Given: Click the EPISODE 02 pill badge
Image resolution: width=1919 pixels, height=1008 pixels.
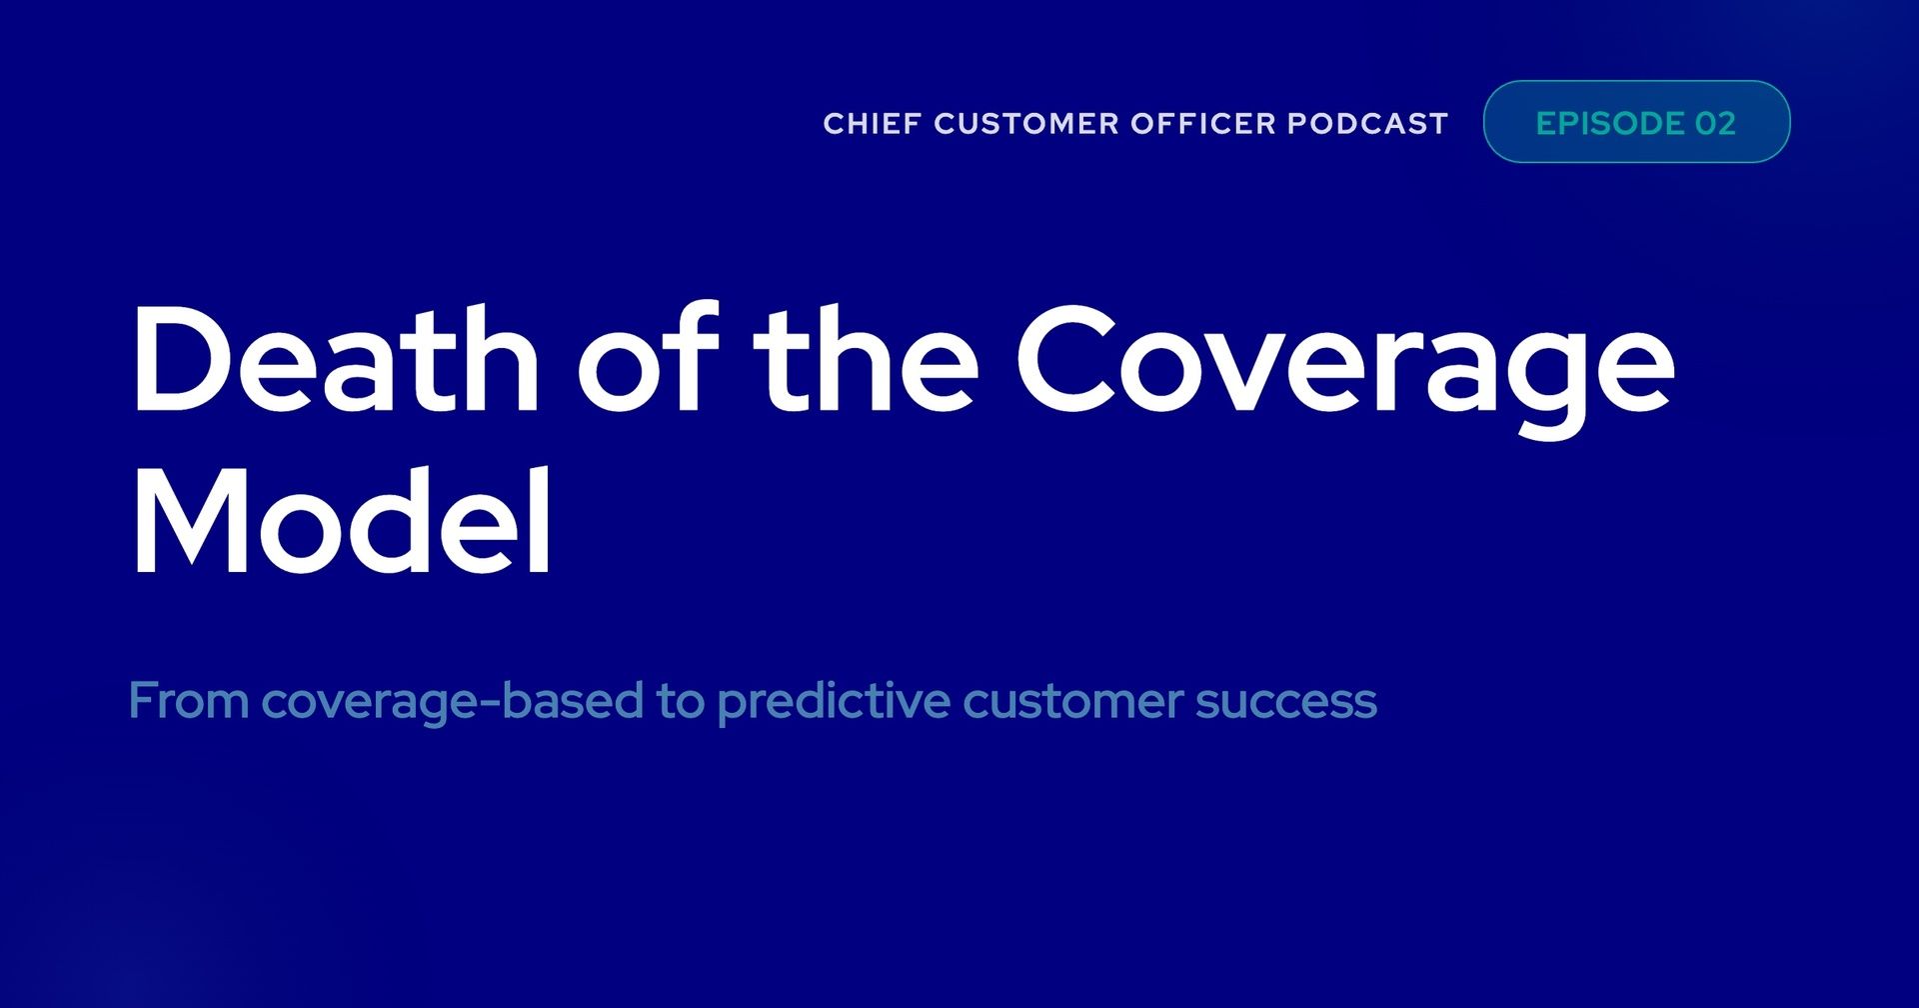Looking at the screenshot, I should tap(1636, 122).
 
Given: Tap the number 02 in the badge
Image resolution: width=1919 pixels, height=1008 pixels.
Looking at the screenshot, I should tap(1715, 123).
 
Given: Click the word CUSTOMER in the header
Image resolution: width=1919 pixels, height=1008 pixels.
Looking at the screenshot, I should tap(1026, 124).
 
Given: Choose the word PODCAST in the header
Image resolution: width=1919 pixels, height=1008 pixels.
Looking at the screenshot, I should tap(1367, 124).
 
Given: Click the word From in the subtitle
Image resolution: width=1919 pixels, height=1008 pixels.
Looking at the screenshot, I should tap(188, 700).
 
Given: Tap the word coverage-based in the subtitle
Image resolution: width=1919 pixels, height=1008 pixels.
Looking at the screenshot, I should tap(452, 701).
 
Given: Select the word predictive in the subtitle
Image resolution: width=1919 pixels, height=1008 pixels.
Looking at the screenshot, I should tap(834, 701).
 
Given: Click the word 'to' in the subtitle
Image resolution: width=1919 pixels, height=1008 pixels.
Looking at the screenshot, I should tap(681, 701).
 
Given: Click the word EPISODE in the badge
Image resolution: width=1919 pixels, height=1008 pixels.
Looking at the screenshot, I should tap(1609, 123).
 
